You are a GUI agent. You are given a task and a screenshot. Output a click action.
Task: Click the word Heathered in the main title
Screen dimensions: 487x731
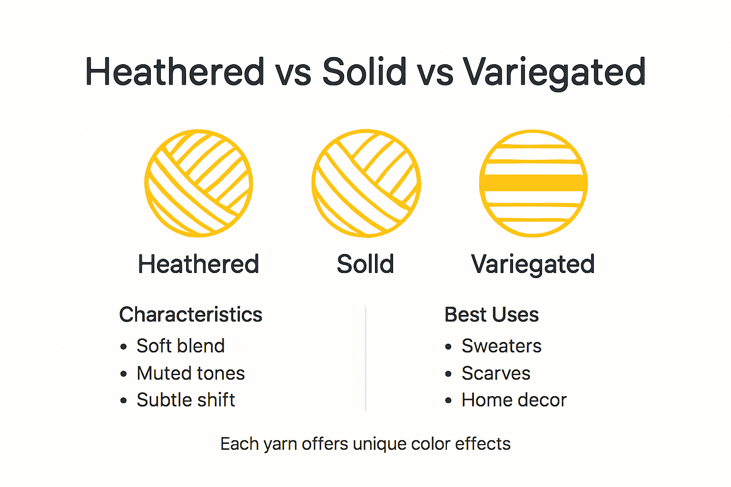175,72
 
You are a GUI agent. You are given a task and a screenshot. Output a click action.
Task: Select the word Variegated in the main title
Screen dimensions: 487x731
553,72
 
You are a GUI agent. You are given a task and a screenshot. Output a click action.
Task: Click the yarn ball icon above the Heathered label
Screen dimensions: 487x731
198,183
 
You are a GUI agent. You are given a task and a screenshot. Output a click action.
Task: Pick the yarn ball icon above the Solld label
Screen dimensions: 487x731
366,183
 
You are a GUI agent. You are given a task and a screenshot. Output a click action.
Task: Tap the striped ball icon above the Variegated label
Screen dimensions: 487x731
533,183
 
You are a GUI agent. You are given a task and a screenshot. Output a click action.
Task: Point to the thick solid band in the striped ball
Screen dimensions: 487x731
533,183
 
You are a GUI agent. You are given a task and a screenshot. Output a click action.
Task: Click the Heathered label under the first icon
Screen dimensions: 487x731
198,264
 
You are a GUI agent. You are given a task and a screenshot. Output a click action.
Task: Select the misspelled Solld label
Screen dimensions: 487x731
365,264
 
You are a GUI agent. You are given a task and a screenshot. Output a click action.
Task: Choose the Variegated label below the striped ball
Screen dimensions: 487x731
533,264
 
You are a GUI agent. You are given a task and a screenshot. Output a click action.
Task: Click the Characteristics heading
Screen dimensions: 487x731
190,314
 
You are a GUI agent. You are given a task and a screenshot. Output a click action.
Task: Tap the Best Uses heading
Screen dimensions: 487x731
491,314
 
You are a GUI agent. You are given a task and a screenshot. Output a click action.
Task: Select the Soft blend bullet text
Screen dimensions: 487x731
180,346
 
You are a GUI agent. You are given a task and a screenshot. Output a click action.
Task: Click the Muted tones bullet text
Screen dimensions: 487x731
190,373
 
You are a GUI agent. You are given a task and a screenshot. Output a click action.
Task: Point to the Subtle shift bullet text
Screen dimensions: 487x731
186,400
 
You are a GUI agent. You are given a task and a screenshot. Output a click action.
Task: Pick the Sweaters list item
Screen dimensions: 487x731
501,346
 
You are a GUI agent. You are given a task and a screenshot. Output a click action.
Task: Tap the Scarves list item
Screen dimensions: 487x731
495,373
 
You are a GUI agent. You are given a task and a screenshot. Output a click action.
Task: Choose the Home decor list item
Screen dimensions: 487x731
514,400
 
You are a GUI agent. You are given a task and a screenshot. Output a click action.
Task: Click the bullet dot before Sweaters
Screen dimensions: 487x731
448,347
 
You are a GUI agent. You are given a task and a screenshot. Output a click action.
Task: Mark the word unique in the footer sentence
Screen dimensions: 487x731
379,444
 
